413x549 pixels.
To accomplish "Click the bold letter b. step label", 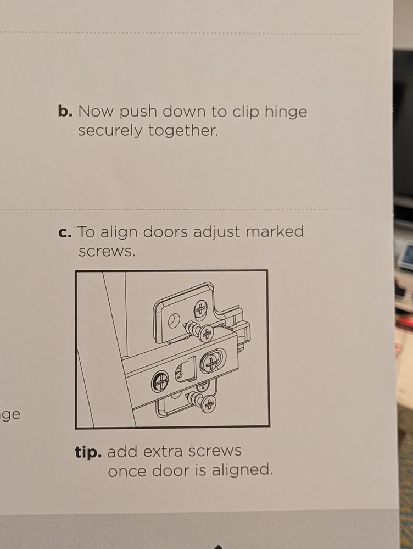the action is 65,112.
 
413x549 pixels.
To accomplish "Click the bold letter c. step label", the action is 65,232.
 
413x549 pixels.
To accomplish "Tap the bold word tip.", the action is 88,453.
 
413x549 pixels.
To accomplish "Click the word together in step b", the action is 183,130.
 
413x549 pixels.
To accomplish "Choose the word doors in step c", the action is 165,231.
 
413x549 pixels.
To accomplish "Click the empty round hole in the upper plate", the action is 174,320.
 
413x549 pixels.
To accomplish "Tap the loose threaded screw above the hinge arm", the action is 198,331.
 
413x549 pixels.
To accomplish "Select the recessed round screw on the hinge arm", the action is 160,381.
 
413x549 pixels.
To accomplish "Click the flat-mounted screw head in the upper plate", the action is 200,309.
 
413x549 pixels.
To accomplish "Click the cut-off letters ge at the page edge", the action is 11,415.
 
